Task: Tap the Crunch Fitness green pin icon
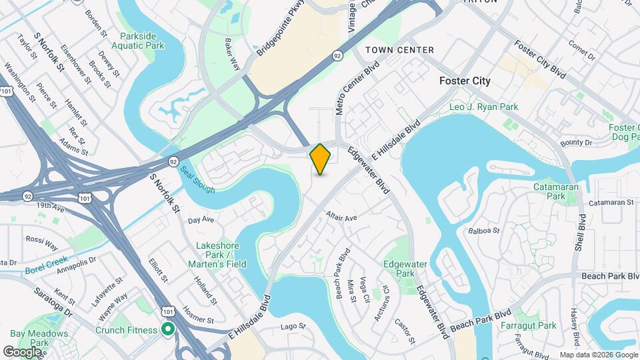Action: pos(168,329)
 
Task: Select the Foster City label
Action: pos(465,81)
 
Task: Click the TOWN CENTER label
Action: pos(399,50)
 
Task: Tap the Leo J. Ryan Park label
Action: pos(483,107)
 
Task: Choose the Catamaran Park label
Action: pos(550,191)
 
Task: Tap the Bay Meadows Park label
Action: pos(39,338)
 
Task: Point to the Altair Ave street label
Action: pos(342,216)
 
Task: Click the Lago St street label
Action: pos(293,327)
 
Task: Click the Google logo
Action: pos(21,351)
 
